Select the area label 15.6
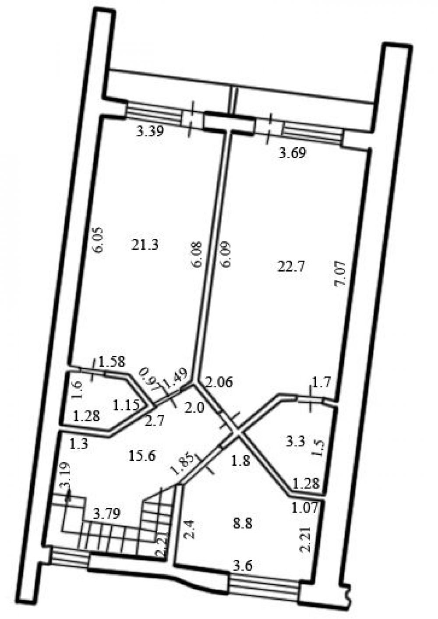point(142,456)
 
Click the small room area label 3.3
point(296,441)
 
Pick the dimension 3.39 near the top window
point(150,131)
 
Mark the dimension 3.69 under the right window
point(293,152)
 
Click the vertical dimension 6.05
point(99,240)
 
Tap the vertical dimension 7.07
point(340,273)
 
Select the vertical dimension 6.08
point(197,255)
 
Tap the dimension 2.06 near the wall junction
point(220,383)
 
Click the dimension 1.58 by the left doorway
point(112,361)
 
